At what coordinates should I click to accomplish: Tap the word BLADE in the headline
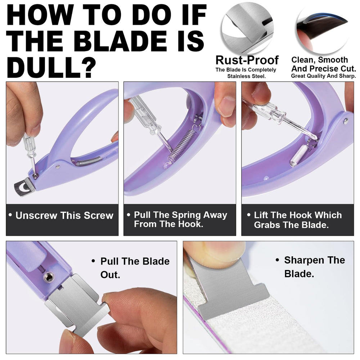coord(120,41)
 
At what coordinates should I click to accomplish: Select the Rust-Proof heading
coord(247,60)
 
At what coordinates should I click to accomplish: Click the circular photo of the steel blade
coord(248,28)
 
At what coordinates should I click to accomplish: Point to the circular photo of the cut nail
coord(322,30)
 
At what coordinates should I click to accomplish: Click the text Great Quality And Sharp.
coord(324,76)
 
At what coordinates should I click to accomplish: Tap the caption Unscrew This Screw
coord(64,215)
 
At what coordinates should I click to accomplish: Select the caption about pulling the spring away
coord(180,219)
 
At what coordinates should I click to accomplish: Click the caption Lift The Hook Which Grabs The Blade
coord(298,220)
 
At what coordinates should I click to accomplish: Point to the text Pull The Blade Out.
coord(135,268)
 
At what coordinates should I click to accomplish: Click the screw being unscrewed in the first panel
coord(35,176)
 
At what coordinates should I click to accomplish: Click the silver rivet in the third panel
coord(346,121)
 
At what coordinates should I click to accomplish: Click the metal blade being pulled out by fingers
coord(77,303)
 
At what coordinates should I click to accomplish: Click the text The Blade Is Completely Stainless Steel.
coord(246,73)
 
